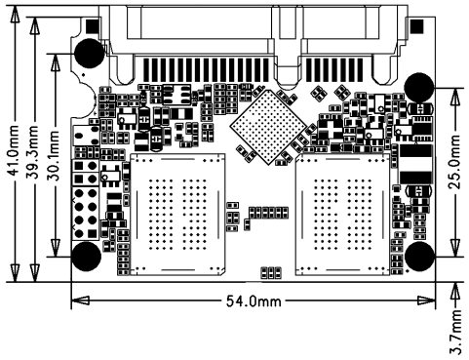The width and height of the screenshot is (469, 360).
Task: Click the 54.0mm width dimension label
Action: coord(254,301)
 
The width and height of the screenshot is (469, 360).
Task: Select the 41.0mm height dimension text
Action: coord(14,150)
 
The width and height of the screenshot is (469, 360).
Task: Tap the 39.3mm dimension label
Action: coord(32,152)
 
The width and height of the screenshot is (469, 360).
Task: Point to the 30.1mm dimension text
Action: coord(54,155)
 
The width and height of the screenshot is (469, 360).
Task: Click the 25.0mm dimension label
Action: coord(454,162)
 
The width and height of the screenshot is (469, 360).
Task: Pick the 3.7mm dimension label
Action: coord(455,332)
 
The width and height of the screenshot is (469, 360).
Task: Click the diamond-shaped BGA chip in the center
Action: coord(268,127)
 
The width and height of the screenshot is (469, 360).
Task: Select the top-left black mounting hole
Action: coord(90,53)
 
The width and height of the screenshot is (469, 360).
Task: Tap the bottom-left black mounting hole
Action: coord(86,257)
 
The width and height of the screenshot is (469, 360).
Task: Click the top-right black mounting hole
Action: coord(419,88)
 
